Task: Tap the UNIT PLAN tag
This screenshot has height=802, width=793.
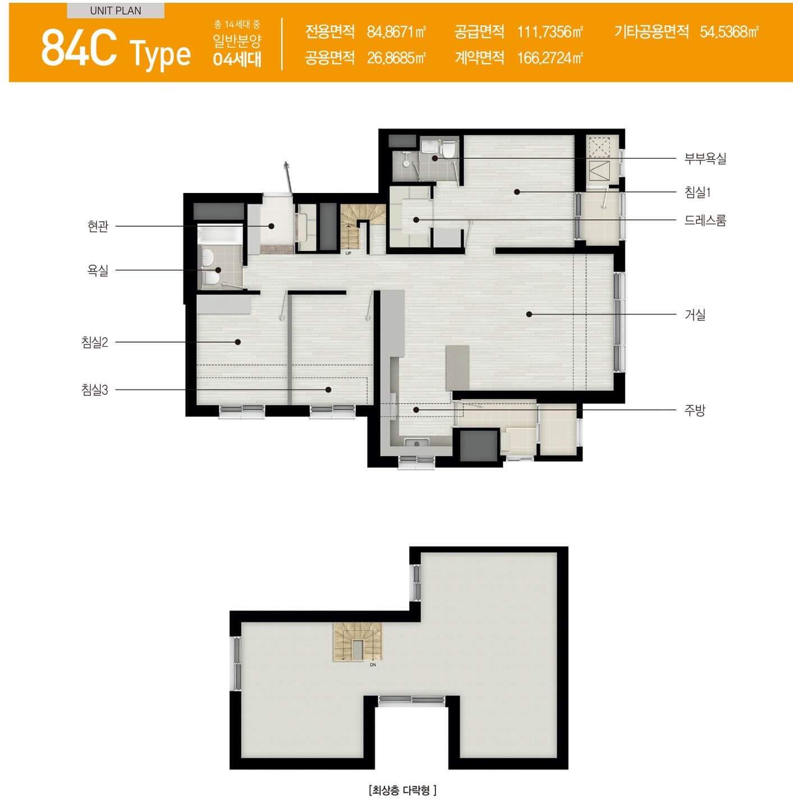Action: [116, 11]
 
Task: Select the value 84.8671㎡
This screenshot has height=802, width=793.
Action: [396, 32]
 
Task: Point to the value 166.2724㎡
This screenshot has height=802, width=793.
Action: [549, 58]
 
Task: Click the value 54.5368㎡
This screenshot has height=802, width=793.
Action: [729, 32]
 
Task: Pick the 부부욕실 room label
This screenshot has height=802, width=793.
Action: [705, 159]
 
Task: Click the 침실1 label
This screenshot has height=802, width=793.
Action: [698, 193]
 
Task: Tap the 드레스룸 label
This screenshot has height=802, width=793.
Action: [705, 220]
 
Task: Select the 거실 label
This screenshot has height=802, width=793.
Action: [695, 315]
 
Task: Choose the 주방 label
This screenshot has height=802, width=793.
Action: [695, 410]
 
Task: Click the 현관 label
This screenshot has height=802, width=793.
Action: [98, 226]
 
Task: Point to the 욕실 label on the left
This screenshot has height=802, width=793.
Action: [98, 271]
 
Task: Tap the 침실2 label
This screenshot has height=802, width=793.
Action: [94, 342]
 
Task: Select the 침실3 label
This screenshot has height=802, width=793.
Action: [94, 390]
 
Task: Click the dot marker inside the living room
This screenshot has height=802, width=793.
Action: [529, 314]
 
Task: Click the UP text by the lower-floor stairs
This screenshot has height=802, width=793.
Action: [348, 253]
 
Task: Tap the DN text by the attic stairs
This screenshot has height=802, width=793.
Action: [373, 664]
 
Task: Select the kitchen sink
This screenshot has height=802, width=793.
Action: [416, 443]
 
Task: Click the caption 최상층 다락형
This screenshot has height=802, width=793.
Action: [402, 790]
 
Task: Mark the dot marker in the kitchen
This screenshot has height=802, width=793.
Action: [416, 410]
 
